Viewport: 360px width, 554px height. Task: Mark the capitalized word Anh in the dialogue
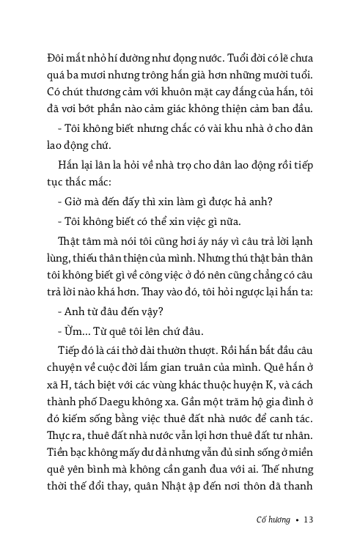(75, 309)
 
